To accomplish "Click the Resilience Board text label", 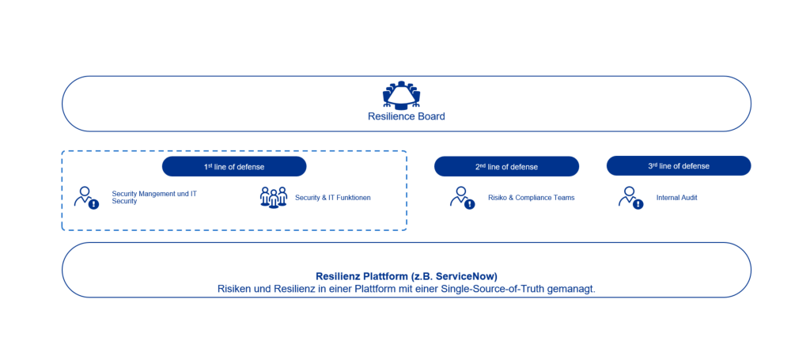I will (x=407, y=116).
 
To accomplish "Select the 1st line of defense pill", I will (x=234, y=166).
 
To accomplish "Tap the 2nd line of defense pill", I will (x=506, y=166).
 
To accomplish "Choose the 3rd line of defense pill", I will (x=679, y=166).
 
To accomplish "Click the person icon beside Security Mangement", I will (x=85, y=197).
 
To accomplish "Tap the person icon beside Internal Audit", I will (x=630, y=197).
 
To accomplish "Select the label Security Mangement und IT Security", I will (x=153, y=197).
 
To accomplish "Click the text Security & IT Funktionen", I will (x=332, y=197).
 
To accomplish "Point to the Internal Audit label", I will (x=676, y=197).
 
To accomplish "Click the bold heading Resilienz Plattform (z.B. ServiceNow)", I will (x=407, y=276).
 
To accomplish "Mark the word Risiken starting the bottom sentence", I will (x=237, y=289).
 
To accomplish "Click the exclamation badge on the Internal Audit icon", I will (x=637, y=203).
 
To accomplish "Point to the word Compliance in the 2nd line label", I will (x=539, y=197).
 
